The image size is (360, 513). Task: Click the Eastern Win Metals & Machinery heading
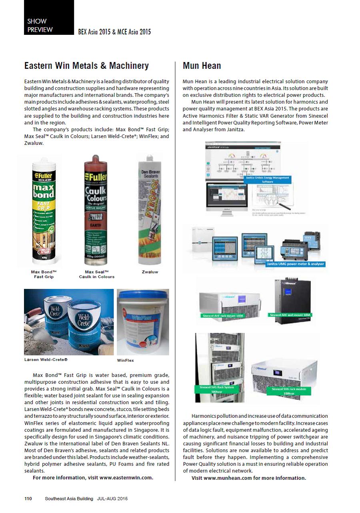[86, 66]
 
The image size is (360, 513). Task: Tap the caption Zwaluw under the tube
[150, 272]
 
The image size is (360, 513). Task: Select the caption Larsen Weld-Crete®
[46, 360]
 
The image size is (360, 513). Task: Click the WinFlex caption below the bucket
[125, 361]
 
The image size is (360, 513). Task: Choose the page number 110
[28, 499]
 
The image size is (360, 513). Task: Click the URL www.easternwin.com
[126, 477]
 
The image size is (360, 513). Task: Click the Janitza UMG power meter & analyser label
[295, 264]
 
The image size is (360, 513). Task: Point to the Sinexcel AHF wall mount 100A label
[290, 315]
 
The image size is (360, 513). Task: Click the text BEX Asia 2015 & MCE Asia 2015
[114, 32]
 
